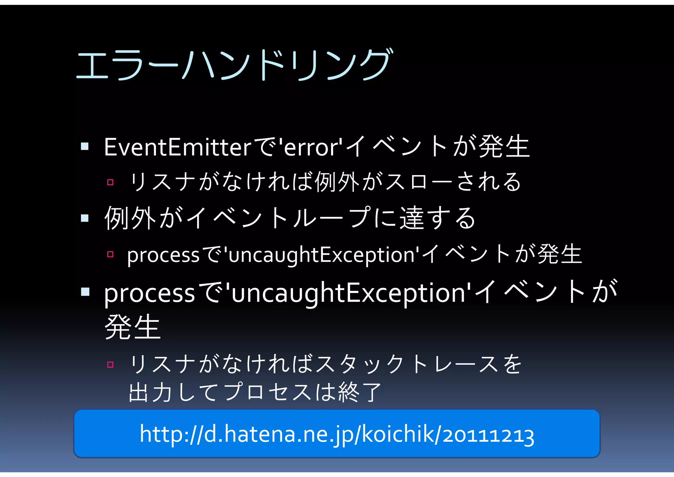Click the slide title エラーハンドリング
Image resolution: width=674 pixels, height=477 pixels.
tap(234, 65)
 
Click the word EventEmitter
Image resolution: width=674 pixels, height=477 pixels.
tap(178, 147)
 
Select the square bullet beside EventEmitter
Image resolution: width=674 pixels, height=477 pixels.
tap(85, 146)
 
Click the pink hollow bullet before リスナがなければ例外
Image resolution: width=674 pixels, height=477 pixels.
tap(110, 182)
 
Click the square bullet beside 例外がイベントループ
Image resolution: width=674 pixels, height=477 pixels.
tap(85, 218)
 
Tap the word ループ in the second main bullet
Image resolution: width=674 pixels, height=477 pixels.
tap(332, 218)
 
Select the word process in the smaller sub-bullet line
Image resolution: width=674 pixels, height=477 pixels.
tap(163, 255)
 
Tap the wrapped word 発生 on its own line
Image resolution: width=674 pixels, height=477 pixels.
tap(132, 327)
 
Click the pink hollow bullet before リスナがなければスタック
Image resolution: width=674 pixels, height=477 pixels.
tap(110, 365)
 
